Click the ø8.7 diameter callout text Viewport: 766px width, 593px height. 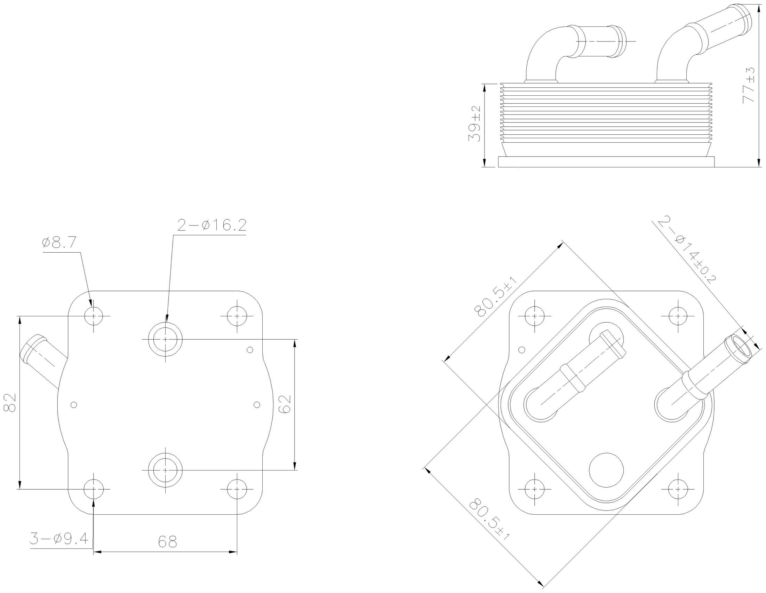(59, 243)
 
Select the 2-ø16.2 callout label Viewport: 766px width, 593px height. (212, 225)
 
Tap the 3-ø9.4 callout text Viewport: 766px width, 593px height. (59, 539)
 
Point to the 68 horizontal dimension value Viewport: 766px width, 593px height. (167, 542)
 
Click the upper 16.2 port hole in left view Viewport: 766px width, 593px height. (166, 339)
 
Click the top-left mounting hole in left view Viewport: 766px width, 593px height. (94, 316)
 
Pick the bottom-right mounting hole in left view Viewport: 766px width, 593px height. (237, 489)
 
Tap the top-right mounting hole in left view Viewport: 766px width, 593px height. (237, 316)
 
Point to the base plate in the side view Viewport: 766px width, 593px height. (606, 162)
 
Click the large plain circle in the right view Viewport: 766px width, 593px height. (606, 470)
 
